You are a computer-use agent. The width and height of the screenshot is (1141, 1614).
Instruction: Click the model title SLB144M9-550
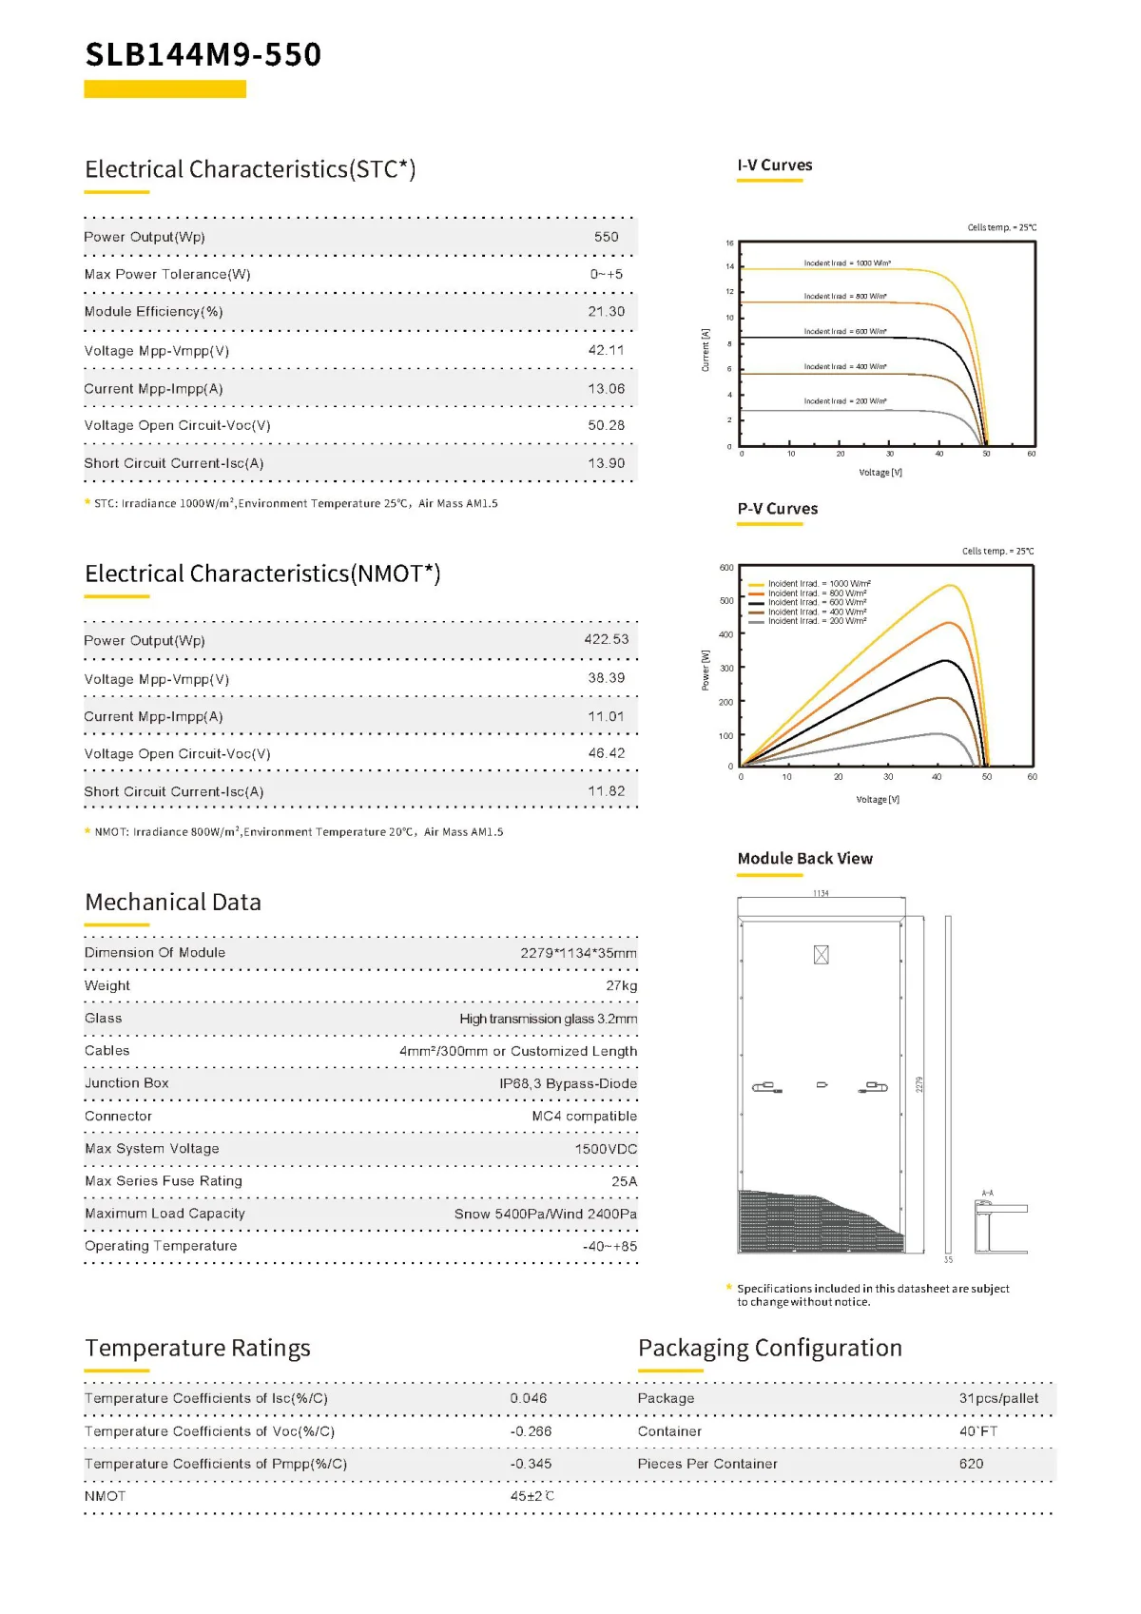tap(203, 54)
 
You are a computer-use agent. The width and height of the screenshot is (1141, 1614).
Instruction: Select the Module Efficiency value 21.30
tap(606, 312)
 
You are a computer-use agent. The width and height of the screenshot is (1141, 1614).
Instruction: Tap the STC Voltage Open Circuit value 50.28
tap(606, 425)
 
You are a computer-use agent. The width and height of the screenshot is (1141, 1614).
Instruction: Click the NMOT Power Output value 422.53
tap(606, 640)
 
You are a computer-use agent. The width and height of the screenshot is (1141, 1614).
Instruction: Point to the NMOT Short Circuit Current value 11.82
tap(606, 791)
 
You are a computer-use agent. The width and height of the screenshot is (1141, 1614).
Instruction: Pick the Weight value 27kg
tap(621, 985)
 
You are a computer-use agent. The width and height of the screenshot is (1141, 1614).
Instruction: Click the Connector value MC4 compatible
tap(584, 1116)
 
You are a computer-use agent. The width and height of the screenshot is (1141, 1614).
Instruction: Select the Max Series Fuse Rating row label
tap(164, 1181)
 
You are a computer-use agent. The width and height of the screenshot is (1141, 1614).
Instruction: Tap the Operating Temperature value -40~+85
tap(609, 1246)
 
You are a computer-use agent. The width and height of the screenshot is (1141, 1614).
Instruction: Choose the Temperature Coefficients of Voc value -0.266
tap(530, 1431)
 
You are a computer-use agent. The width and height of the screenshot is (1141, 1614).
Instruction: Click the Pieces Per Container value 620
tap(971, 1464)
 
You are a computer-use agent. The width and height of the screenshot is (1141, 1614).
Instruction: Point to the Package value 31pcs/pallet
tap(998, 1398)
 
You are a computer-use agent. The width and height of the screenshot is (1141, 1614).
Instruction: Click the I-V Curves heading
tap(775, 165)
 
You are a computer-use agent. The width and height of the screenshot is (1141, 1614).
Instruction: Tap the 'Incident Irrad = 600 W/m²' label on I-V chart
tap(845, 332)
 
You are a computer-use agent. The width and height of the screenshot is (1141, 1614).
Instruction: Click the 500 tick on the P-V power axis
tap(726, 601)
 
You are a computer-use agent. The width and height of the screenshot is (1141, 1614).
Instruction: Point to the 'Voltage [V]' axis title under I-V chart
tap(880, 473)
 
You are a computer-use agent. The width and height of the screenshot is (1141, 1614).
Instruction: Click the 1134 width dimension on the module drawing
tap(821, 894)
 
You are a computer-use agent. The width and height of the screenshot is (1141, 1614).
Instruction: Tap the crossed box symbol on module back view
tap(822, 955)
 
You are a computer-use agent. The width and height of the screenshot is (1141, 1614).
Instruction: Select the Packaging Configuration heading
tap(769, 1349)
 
